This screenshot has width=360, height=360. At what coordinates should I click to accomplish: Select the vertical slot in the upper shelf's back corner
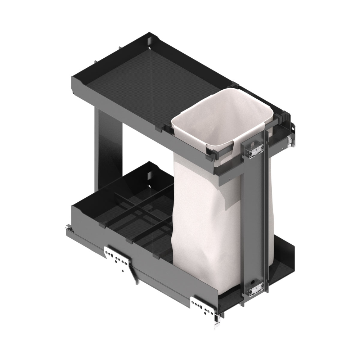(x=148, y=42)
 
